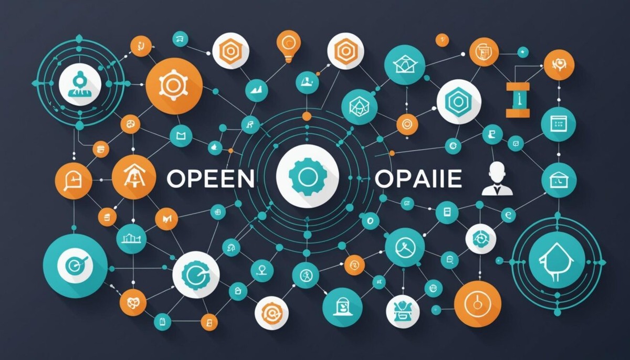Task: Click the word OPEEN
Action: click(x=210, y=178)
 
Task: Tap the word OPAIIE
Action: click(x=418, y=178)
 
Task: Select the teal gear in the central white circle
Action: click(x=307, y=176)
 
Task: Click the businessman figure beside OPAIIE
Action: click(x=497, y=179)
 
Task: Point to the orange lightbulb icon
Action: click(x=288, y=45)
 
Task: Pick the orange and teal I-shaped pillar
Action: click(x=518, y=99)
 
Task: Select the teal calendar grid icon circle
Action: click(x=558, y=124)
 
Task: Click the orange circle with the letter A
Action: click(x=134, y=177)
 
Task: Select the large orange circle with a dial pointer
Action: click(x=477, y=303)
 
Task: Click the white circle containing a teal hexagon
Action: click(x=459, y=101)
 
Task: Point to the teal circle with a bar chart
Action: click(x=131, y=239)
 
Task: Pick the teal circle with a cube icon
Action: click(x=359, y=107)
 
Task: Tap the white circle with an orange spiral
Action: click(x=271, y=313)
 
